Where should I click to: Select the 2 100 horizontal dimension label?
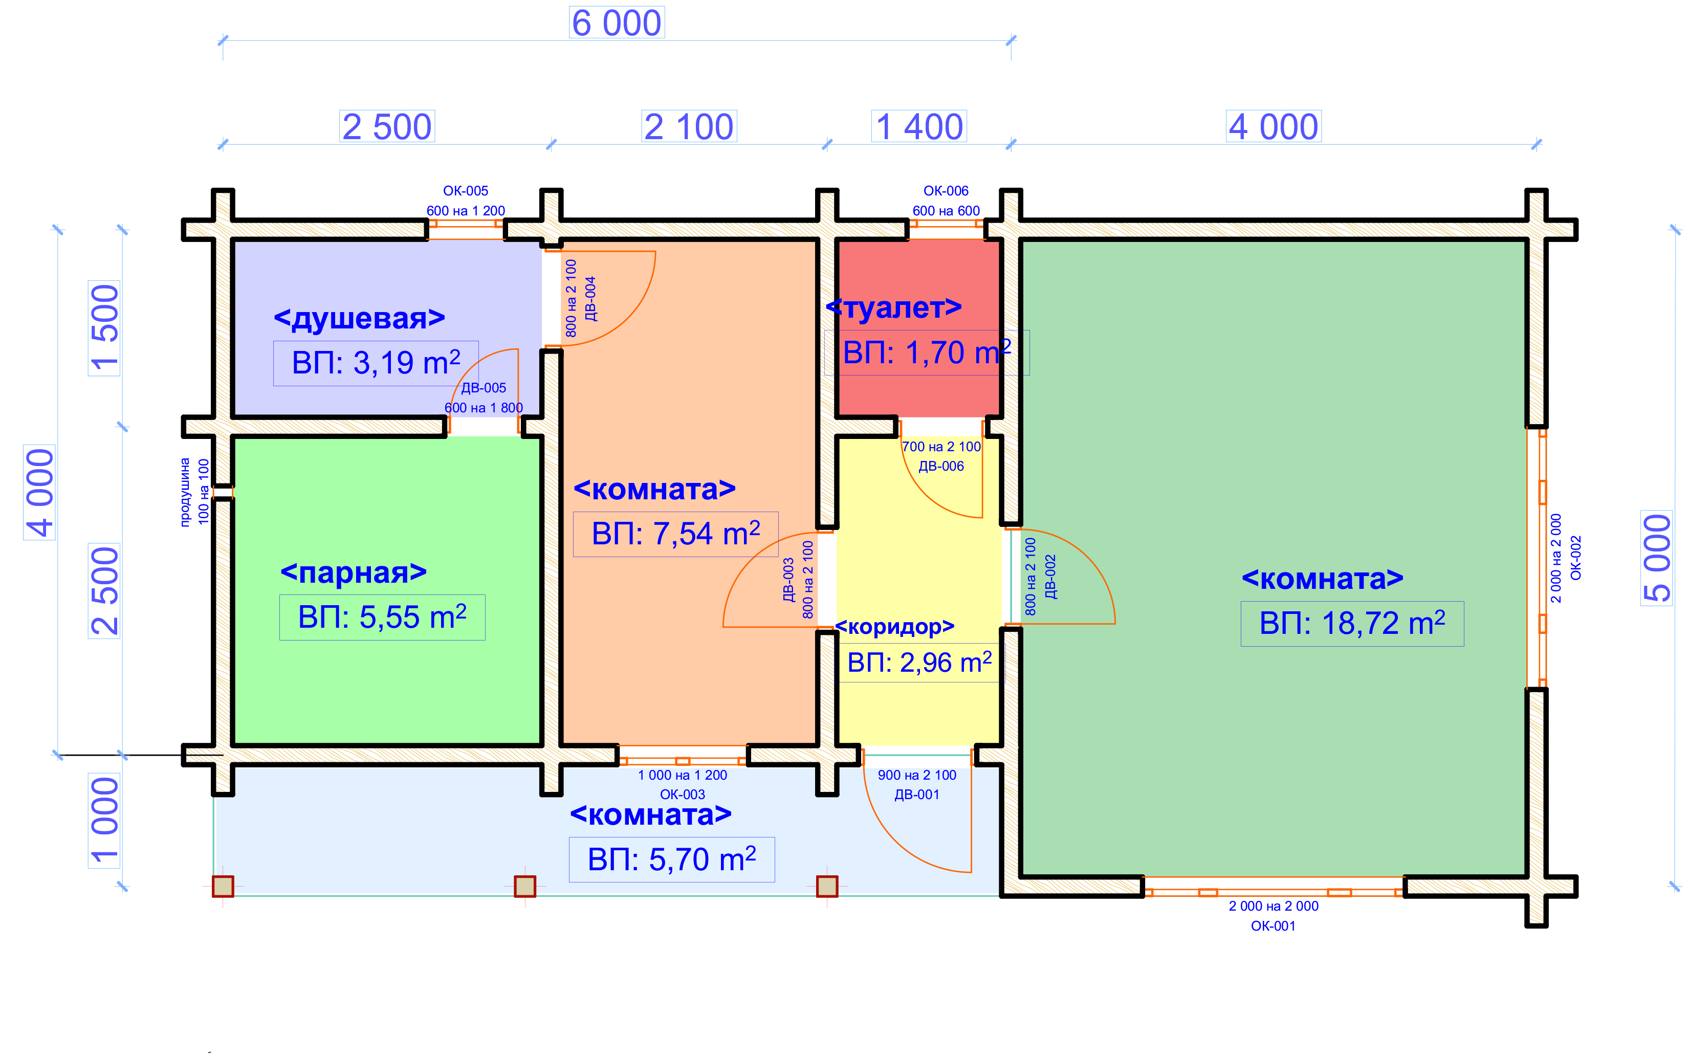coord(689,127)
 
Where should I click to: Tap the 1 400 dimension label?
coord(918,127)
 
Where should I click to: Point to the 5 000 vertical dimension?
coord(1657,558)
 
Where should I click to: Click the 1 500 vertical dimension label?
coord(104,328)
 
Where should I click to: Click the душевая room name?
coord(359,318)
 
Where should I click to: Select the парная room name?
coord(354,573)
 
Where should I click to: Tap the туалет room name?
coord(894,307)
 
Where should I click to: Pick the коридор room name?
coord(894,626)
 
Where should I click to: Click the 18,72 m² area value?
coord(1352,623)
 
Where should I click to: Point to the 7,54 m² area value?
coord(675,534)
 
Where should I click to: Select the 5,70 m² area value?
coord(671,859)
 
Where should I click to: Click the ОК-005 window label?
coord(465,190)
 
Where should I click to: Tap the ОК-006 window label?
coord(946,190)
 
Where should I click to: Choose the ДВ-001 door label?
coord(917,794)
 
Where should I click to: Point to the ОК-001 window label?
coord(1273,925)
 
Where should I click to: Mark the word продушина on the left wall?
coord(185,492)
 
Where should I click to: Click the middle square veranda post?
coord(524,886)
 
